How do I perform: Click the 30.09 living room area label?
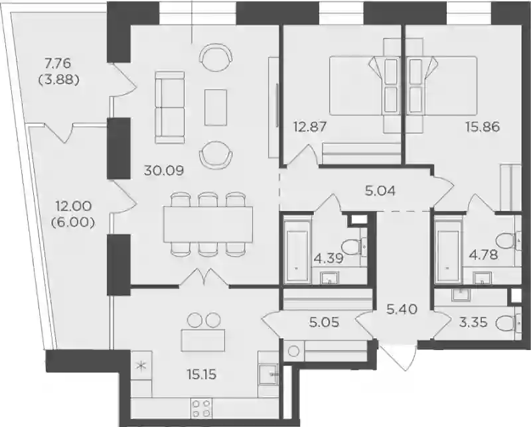click(164, 170)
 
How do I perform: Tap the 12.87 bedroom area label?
click(310, 127)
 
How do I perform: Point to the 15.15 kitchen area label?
click(202, 375)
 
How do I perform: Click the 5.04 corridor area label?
click(380, 192)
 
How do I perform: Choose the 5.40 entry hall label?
click(403, 309)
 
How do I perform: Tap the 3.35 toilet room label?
click(473, 322)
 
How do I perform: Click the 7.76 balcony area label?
click(59, 63)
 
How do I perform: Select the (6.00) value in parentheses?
click(72, 223)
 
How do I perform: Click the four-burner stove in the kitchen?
click(202, 408)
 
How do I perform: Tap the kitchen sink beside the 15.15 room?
click(268, 374)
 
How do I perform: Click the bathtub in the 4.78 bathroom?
click(447, 251)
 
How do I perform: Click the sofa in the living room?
click(170, 107)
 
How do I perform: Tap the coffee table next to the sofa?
click(215, 107)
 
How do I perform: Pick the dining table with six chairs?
click(208, 224)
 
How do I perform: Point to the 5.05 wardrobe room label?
click(324, 322)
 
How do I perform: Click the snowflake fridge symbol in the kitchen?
click(141, 365)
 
